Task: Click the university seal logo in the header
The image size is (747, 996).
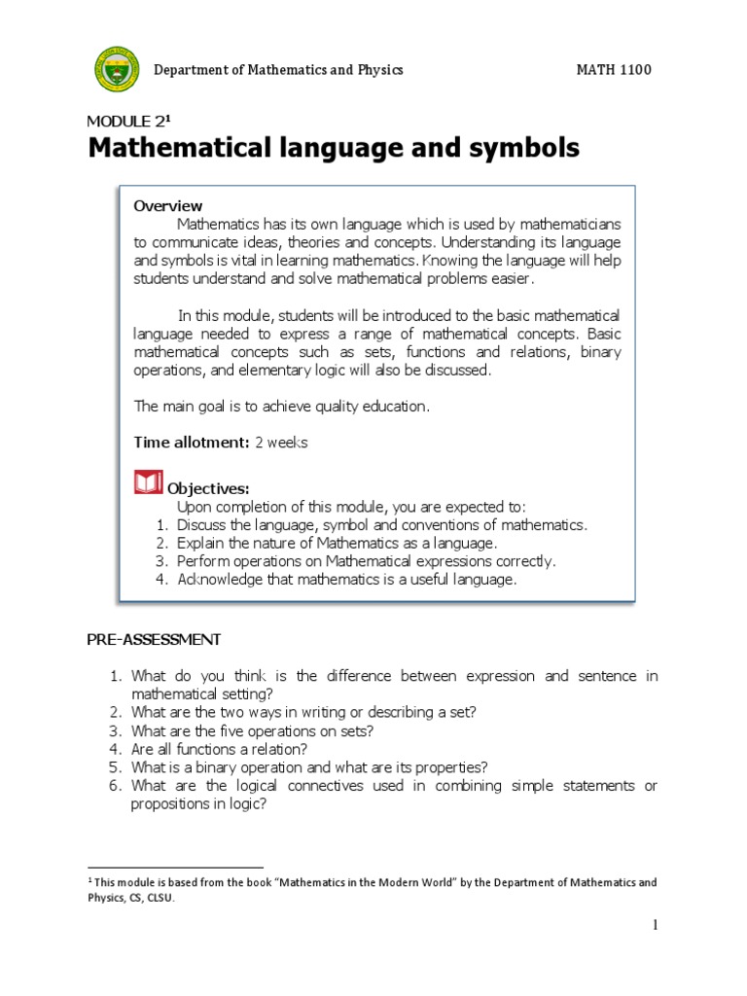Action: pos(118,71)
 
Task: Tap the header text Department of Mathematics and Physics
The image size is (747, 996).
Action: pos(278,70)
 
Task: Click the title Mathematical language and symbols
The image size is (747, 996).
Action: pos(333,149)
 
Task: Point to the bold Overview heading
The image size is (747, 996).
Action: pos(167,206)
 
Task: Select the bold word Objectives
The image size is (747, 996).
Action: pos(209,488)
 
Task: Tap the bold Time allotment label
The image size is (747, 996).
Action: pos(192,443)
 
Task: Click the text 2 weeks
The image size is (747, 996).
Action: pos(281,443)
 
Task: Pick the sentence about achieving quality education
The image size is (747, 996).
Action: pos(281,407)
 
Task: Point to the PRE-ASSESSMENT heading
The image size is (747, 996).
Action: pos(154,640)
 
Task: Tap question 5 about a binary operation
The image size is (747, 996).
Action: pos(308,767)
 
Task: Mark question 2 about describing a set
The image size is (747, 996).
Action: pos(303,712)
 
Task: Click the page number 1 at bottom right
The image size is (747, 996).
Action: pos(656,925)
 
